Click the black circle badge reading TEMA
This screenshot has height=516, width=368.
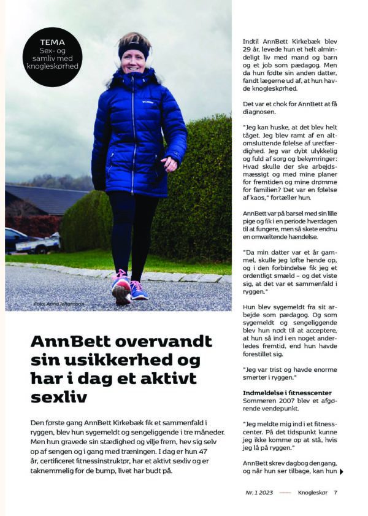[x=55, y=57]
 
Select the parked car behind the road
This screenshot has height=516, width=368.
[x=31, y=241]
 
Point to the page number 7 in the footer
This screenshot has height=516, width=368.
[x=336, y=492]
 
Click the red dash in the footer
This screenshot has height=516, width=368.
[x=285, y=492]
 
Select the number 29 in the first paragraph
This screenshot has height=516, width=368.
[x=248, y=54]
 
